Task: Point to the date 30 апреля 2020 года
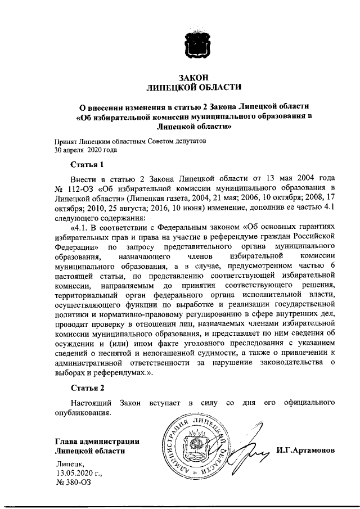pyautogui.click(x=85, y=150)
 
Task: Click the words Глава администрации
pyautogui.click(x=97, y=441)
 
